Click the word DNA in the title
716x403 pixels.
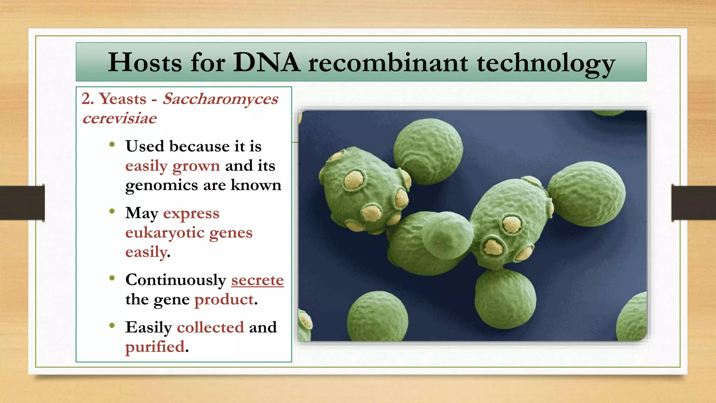coord(266,63)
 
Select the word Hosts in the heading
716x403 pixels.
coord(145,63)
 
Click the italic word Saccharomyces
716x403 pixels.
coord(221,99)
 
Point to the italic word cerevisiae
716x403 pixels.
coord(120,118)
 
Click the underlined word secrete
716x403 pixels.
coord(257,280)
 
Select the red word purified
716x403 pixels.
coord(155,347)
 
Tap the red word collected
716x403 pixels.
coord(210,327)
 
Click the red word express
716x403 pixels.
coord(191,213)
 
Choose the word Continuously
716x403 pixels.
coord(176,280)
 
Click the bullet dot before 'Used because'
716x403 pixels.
coord(112,144)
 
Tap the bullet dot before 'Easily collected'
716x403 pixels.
coord(112,326)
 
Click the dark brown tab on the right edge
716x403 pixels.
coord(694,203)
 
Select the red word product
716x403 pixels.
coord(224,299)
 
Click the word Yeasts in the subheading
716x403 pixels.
coord(123,99)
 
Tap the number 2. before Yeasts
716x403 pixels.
coord(88,99)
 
